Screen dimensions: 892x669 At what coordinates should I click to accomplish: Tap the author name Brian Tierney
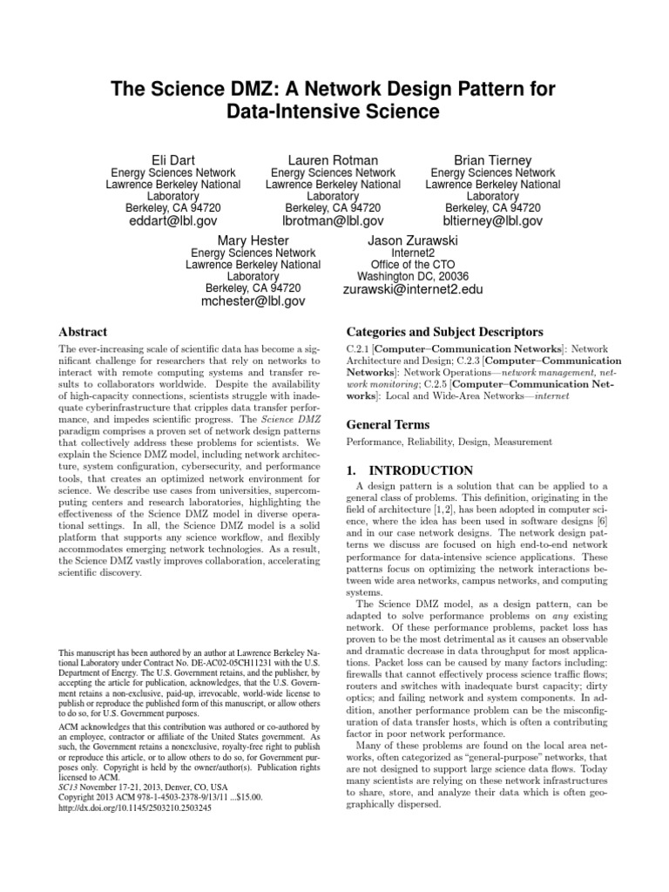tap(492, 159)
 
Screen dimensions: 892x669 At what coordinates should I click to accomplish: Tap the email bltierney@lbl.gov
tap(492, 221)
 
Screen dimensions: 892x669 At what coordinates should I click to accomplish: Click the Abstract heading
tap(82, 332)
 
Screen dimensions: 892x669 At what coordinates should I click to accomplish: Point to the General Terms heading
tap(388, 424)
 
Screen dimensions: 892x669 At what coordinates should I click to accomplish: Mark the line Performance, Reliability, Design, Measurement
tap(449, 443)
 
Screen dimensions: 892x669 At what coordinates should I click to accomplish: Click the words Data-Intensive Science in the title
tap(334, 112)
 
